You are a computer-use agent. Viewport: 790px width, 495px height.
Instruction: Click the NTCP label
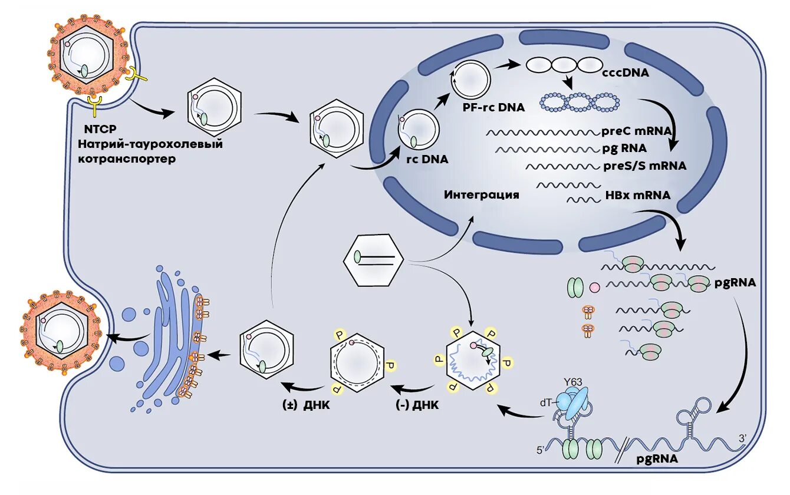[100, 129]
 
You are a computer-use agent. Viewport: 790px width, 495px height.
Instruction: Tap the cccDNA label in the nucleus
[626, 72]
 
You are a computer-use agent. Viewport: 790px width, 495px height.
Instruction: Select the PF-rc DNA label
[494, 107]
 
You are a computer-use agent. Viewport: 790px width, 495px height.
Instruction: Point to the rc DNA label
[427, 159]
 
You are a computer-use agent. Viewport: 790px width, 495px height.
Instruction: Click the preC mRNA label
[637, 131]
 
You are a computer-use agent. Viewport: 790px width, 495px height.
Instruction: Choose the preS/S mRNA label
[645, 166]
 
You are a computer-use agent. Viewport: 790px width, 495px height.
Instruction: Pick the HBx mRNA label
[638, 194]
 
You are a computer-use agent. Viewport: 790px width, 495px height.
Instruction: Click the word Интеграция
[482, 194]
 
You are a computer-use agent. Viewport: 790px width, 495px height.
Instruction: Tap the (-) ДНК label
[417, 405]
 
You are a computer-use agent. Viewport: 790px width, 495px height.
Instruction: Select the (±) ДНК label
[306, 405]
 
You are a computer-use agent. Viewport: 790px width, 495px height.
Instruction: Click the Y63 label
[572, 382]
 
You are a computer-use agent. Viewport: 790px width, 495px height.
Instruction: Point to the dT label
[545, 402]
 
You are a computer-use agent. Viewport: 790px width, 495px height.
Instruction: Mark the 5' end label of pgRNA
[541, 451]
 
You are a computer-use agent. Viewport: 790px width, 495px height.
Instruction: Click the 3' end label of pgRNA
[743, 438]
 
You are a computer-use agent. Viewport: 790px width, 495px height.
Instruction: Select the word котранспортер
[127, 159]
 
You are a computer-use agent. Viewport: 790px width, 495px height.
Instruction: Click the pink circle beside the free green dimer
[594, 288]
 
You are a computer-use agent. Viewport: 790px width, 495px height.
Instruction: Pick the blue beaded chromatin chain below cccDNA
[580, 103]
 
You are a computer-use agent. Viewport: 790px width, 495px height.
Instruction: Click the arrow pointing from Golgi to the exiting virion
[129, 338]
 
